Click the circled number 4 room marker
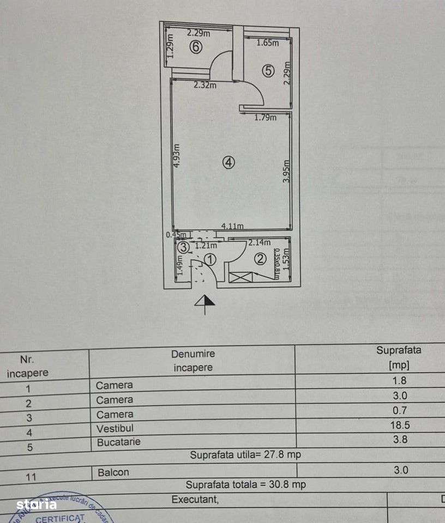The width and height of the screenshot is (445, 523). [229, 162]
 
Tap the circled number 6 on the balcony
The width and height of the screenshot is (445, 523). [196, 47]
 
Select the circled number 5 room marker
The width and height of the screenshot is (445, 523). [267, 70]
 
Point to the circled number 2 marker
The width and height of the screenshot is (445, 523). [260, 259]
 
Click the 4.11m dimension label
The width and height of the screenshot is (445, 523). [232, 227]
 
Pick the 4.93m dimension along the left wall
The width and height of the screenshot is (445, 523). [177, 159]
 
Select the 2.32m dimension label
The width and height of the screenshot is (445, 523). [205, 85]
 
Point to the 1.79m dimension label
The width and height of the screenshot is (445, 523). [266, 117]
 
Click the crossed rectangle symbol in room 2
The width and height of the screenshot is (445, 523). [238, 277]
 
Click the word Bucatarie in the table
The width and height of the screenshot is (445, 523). [118, 442]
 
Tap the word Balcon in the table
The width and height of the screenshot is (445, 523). [113, 472]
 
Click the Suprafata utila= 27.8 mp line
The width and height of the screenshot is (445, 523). [245, 455]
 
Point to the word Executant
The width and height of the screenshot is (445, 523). [195, 498]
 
